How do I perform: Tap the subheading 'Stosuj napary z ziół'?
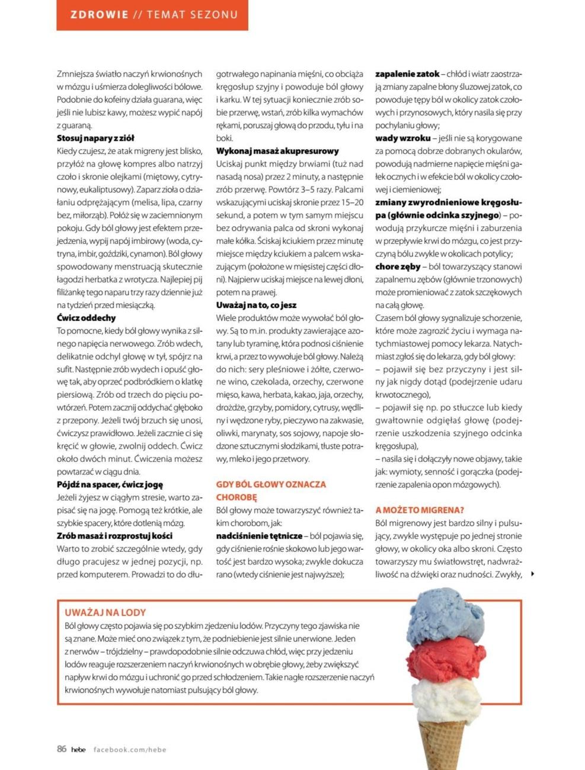[x=95, y=138]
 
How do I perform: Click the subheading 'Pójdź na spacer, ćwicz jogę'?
[x=110, y=485]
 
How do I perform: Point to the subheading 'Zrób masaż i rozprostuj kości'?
[x=114, y=536]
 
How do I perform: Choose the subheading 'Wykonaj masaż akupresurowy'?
[x=277, y=151]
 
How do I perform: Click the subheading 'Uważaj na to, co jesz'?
[x=256, y=305]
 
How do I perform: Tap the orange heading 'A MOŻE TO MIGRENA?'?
[x=420, y=510]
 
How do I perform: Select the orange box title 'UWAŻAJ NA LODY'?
[x=106, y=612]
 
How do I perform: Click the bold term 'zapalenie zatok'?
[x=407, y=74]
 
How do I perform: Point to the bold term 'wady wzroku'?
[x=402, y=138]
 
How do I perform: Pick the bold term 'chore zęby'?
[x=398, y=267]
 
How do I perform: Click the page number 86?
[x=62, y=749]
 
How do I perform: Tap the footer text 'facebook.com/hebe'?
[x=130, y=750]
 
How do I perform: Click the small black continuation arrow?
[x=533, y=574]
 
